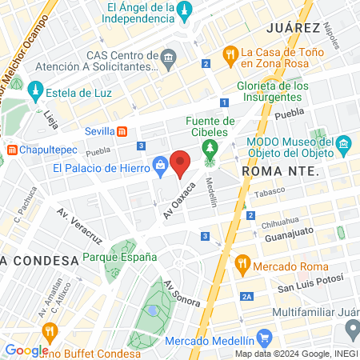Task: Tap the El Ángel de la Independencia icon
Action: [x=186, y=10]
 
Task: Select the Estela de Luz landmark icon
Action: [x=35, y=91]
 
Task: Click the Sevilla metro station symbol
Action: [x=122, y=131]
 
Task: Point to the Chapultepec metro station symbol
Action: [x=13, y=150]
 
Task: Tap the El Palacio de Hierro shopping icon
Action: [x=161, y=166]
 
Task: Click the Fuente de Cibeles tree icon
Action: [x=210, y=148]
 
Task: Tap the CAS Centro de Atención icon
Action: [x=169, y=58]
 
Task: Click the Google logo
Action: [x=26, y=350]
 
